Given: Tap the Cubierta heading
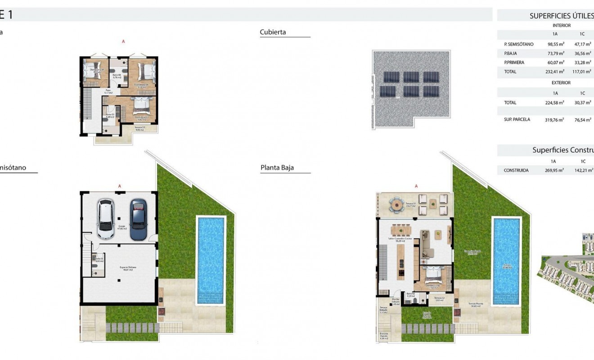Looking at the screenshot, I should coord(273,32).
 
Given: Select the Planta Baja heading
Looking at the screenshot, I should coord(277,168).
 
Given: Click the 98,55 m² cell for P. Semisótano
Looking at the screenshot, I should coord(556,45).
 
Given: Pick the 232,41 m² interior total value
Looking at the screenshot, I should coord(556,72).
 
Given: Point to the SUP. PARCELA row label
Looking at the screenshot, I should coord(517,120).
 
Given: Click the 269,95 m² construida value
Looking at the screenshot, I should coord(554,171).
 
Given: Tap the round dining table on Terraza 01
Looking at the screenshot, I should coord(398,204).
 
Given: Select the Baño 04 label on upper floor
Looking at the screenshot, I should coord(117,76).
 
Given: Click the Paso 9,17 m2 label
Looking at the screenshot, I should coord(108,91).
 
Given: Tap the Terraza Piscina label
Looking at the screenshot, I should coord(476,305).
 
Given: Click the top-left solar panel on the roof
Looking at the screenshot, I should coord(387,77).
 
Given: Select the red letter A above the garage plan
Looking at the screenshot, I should coord(120,185).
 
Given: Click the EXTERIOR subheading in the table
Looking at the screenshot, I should coord(561,83).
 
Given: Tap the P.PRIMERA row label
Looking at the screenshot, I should coord(514,63).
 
